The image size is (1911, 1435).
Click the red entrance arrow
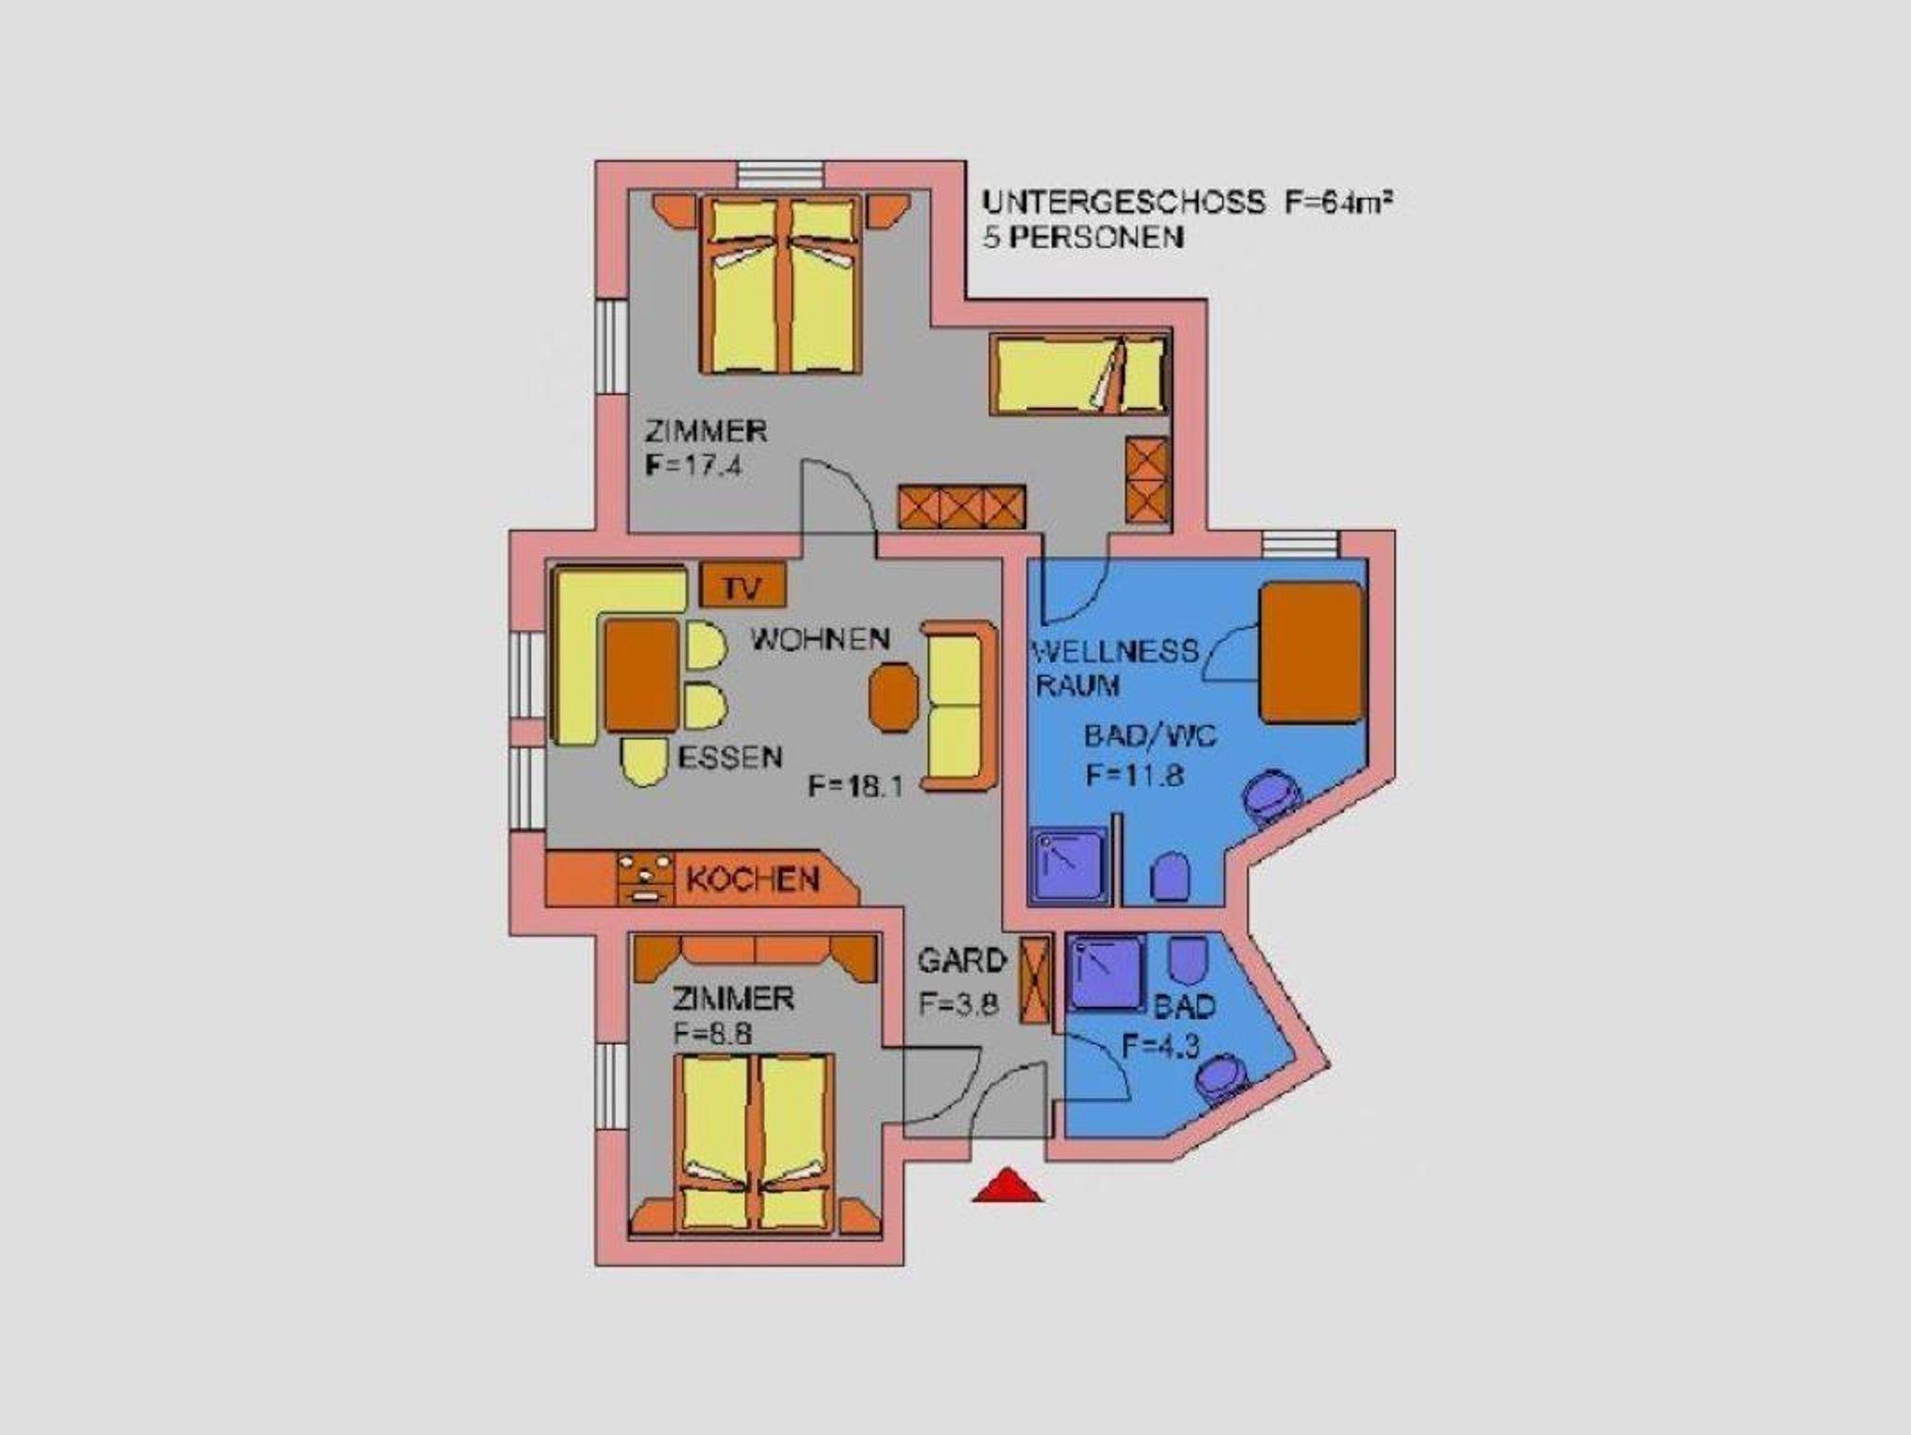(1008, 1185)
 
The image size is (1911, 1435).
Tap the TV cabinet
(744, 586)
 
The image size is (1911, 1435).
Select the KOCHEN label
(753, 879)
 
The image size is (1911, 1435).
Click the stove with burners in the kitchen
(646, 878)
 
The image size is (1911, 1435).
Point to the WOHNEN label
(821, 639)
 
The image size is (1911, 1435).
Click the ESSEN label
(730, 757)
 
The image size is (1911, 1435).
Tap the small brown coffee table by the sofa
(894, 697)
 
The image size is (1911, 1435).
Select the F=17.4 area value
(693, 466)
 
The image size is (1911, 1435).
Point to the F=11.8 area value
(1135, 774)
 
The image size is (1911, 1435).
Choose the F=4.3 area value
(1160, 1046)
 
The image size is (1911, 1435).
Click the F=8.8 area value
(713, 1034)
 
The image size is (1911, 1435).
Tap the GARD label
(962, 961)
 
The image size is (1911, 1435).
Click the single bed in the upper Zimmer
(1080, 373)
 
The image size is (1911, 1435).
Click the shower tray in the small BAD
(1107, 973)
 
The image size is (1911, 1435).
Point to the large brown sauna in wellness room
(1311, 652)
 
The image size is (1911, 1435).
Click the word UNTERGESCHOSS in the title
(1124, 202)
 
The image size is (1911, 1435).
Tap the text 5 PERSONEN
(1083, 237)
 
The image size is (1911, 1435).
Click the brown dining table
(642, 676)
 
